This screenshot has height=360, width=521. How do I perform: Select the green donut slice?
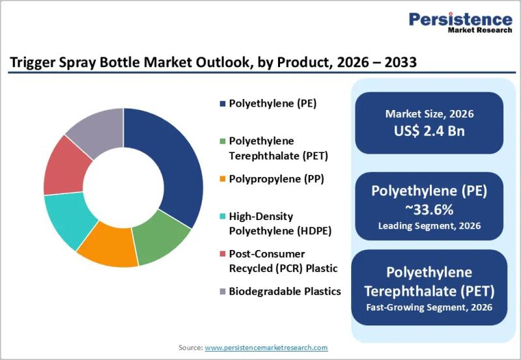160,238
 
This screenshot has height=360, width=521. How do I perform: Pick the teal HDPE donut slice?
69,219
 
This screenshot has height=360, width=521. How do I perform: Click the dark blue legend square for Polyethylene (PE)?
223,104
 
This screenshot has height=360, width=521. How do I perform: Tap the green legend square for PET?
223,141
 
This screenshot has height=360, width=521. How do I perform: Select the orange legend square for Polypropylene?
223,179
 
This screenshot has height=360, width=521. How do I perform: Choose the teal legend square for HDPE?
223,217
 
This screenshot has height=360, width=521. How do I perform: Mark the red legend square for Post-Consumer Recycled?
223,254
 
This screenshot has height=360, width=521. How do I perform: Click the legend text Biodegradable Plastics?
285,291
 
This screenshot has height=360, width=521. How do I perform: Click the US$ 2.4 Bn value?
429,131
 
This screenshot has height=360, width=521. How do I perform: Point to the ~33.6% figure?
429,210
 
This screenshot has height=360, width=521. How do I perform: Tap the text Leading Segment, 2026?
429,226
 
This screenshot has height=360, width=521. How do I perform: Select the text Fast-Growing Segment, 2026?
429,307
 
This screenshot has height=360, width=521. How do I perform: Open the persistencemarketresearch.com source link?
266,348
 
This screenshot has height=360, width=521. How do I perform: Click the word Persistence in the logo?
460,20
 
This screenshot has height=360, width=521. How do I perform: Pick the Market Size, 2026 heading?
429,114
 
